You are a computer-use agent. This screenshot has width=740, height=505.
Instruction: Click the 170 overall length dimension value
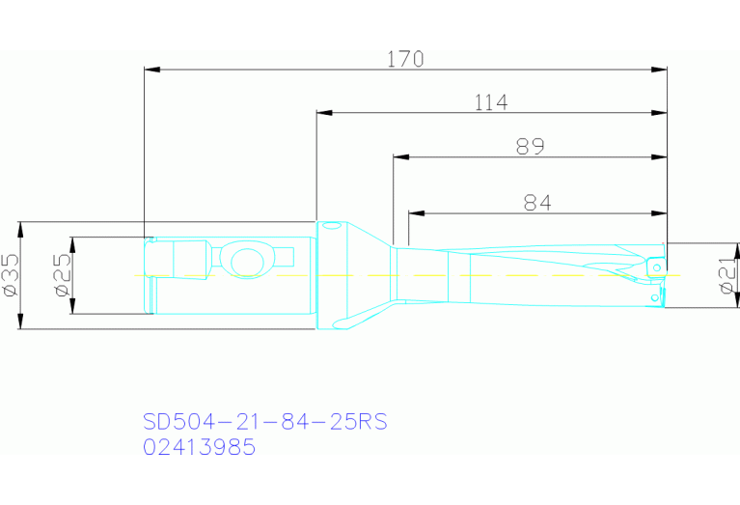[405, 59]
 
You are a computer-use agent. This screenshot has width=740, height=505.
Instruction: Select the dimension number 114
[491, 102]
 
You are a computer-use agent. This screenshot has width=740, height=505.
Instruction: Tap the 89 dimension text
[530, 147]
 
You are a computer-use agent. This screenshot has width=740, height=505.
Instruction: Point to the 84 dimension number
[537, 202]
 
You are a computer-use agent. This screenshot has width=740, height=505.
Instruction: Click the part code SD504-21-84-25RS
[265, 422]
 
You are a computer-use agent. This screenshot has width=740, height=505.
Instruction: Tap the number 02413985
[200, 447]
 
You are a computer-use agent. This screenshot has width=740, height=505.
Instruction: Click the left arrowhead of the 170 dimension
[151, 70]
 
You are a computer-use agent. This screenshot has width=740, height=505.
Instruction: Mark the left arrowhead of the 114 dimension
[324, 113]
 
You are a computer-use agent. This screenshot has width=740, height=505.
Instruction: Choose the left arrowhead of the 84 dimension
[416, 212]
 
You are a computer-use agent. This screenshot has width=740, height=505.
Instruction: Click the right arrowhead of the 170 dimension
[660, 70]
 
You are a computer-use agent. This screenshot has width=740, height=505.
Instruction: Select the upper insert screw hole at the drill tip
[657, 262]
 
